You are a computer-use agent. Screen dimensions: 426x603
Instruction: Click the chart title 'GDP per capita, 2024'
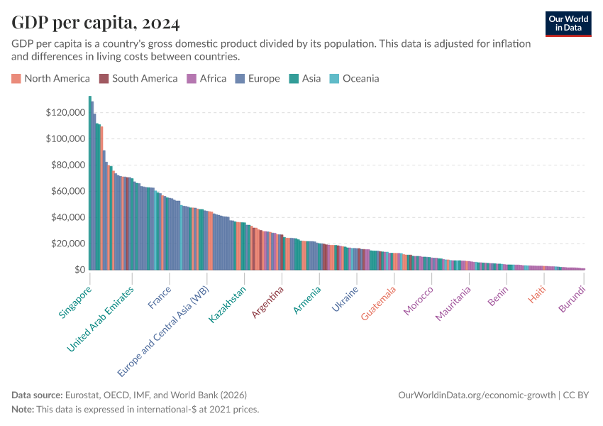click(95, 23)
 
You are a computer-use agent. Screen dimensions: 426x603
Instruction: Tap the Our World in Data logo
click(568, 23)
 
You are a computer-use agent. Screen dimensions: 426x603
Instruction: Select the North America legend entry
click(50, 79)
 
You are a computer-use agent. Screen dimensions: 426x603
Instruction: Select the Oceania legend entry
click(354, 79)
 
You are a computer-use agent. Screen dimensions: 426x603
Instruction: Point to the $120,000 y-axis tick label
click(64, 112)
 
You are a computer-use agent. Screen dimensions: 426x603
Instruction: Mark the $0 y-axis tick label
click(76, 270)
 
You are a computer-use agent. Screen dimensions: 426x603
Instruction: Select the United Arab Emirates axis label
click(100, 319)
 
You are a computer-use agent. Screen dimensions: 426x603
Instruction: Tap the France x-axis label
click(160, 297)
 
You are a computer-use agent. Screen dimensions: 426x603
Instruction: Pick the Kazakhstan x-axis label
click(228, 305)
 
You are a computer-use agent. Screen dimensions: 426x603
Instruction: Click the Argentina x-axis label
click(268, 302)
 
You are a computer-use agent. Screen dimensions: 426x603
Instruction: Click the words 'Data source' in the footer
click(36, 395)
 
